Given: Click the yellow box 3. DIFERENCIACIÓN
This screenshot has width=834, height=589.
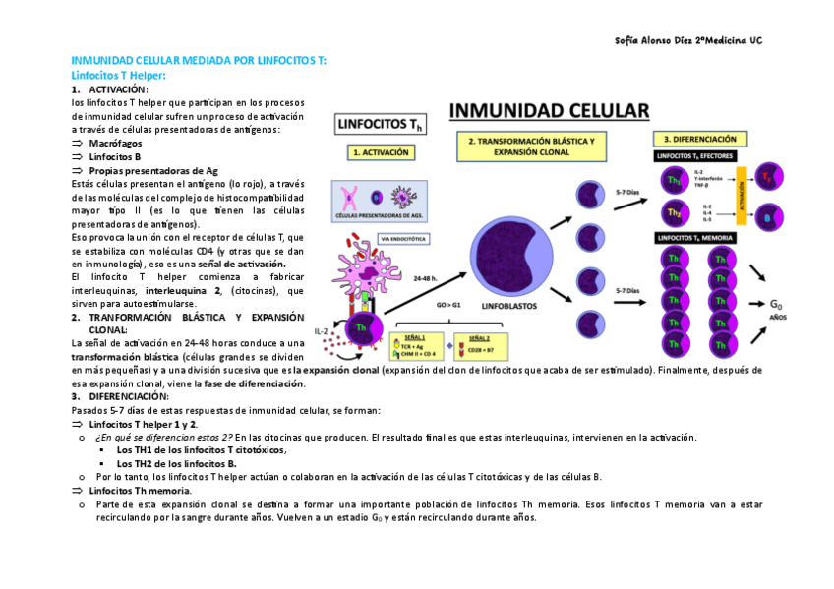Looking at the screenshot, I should point(706,140).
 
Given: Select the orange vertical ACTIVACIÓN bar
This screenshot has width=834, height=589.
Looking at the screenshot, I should point(741,195).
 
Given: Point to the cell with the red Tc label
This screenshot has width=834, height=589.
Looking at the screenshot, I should point(768,178).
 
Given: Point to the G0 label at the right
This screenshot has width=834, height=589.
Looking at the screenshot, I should point(778,304).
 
